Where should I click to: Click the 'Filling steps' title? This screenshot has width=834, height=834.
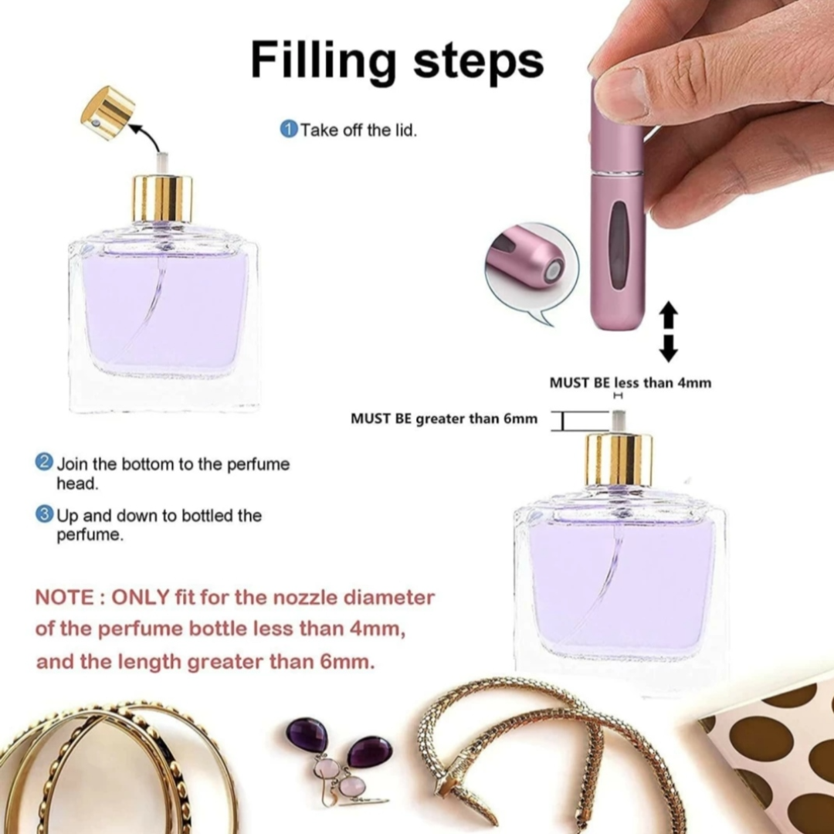(x=397, y=60)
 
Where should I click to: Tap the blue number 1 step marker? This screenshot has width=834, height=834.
(x=288, y=129)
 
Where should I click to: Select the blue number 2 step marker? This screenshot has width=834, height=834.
(x=43, y=463)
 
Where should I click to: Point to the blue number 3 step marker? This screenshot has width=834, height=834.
(x=44, y=514)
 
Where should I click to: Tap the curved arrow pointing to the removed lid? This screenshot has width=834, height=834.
(x=150, y=135)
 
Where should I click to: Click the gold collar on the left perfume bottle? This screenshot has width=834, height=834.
(x=161, y=198)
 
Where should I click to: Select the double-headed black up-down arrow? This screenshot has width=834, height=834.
(x=669, y=331)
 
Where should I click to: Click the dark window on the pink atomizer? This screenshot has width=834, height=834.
(x=618, y=246)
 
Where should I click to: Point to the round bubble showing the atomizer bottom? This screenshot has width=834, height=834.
(x=531, y=270)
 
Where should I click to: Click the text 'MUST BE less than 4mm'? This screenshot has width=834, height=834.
(x=630, y=383)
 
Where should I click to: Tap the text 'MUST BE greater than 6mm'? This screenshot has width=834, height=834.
(x=443, y=419)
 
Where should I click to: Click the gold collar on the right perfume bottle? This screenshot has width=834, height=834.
(x=619, y=459)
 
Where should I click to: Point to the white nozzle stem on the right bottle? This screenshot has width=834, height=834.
(x=618, y=422)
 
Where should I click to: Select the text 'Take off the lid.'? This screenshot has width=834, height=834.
(x=358, y=130)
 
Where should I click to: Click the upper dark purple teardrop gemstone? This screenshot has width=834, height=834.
(x=307, y=734)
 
